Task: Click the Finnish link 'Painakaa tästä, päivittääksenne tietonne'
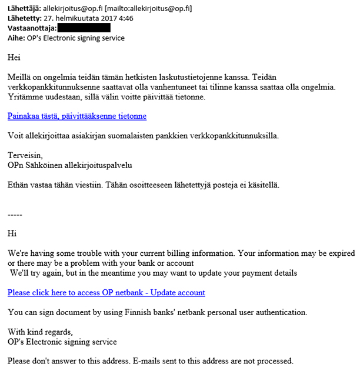click(77, 116)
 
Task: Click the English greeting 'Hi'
click(12, 233)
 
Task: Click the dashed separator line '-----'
click(15, 215)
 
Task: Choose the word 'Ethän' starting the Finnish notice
click(18, 185)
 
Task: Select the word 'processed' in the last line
click(272, 360)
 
